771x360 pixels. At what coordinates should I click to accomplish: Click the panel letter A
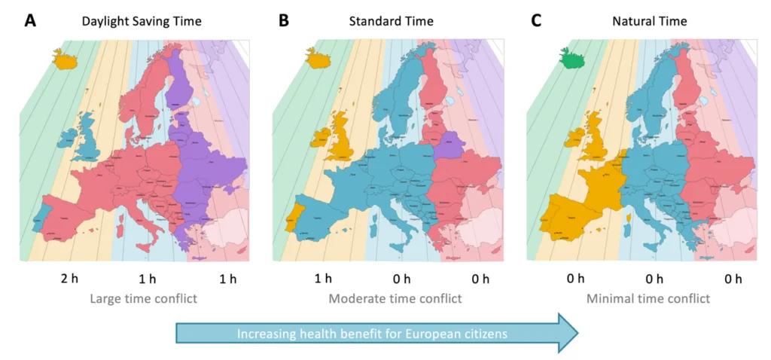click(x=30, y=20)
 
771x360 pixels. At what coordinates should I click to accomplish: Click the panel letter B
click(x=284, y=20)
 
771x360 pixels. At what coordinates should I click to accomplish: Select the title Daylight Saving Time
click(x=142, y=21)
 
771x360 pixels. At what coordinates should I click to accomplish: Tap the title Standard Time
click(x=391, y=21)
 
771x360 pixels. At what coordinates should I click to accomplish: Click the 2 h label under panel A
click(x=69, y=279)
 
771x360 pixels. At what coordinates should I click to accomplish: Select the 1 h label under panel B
click(x=322, y=279)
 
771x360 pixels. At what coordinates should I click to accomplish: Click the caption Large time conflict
click(x=143, y=298)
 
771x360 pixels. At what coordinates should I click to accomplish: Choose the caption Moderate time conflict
click(x=395, y=298)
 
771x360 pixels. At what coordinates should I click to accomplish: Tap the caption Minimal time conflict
click(x=648, y=298)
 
